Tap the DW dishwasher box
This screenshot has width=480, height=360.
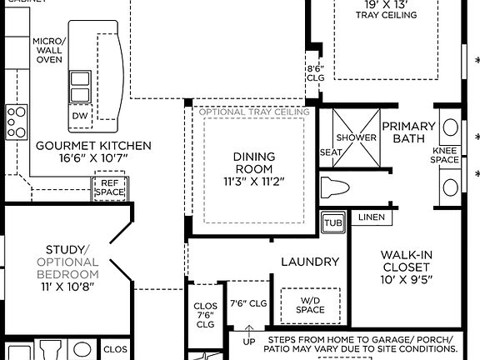click(80, 116)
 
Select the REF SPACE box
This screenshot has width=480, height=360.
click(110, 188)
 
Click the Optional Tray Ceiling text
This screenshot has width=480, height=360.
click(253, 112)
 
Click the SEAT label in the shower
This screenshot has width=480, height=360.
click(331, 152)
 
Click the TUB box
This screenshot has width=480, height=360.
click(333, 223)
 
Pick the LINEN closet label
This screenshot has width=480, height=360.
click(372, 217)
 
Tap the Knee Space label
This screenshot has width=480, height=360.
click(445, 154)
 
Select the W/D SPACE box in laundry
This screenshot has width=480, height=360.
click(310, 305)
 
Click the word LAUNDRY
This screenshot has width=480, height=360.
click(310, 262)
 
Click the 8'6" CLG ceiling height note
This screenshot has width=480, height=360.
click(315, 73)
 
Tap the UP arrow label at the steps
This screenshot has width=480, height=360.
click(249, 342)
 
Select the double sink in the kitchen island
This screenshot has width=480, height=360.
click(81, 85)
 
